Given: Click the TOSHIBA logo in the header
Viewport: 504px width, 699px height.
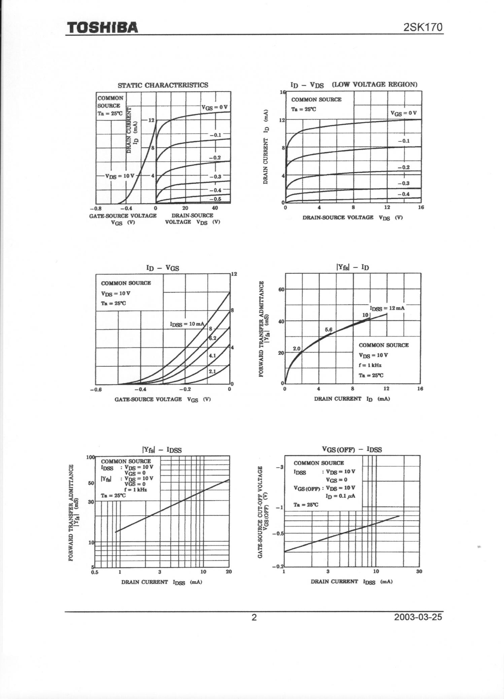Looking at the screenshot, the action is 102,27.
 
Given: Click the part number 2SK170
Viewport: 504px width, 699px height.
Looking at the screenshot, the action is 423,27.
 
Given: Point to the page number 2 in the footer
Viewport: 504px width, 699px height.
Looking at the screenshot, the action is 254,617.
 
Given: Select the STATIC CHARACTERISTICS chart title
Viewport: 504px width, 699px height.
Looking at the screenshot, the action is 163,85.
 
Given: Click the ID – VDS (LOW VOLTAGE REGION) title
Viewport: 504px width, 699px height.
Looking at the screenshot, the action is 354,85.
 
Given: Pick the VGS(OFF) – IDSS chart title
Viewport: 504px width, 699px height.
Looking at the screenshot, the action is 352,450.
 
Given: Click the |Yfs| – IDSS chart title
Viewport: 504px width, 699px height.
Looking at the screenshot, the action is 162,450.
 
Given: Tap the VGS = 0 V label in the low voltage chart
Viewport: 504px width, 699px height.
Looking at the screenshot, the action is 403,113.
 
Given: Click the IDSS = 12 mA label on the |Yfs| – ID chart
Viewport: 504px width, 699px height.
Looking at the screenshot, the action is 387,308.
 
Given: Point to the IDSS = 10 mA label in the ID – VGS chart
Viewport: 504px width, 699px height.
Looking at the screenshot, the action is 187,324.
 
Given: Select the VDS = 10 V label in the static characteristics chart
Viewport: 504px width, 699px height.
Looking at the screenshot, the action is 120,176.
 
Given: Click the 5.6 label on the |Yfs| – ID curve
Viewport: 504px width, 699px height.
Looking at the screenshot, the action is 329,329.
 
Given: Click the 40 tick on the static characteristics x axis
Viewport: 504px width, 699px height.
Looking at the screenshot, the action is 215,208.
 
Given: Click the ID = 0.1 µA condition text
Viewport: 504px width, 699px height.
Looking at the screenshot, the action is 340,496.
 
